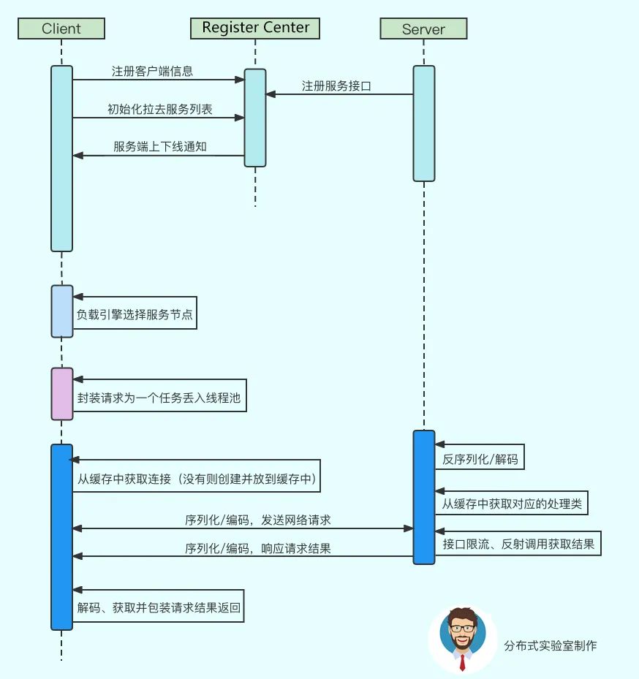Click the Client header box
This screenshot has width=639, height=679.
coord(61,29)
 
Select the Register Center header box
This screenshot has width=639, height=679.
coord(255,28)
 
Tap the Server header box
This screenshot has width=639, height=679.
coord(423,29)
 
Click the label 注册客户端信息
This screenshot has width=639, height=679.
coord(153,72)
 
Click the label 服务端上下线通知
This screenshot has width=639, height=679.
coord(159,146)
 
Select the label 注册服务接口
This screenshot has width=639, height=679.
coord(337,86)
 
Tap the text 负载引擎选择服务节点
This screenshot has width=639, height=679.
coord(135,316)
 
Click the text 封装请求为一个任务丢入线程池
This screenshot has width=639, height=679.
coord(159,399)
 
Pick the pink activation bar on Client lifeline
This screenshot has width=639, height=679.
coord(62,394)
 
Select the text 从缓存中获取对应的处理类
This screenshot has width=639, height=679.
coord(511,504)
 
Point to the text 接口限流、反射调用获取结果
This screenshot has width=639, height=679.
coord(518,544)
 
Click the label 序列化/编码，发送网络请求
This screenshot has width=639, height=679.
coord(257,520)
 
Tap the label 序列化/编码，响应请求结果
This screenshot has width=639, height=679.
coord(257,548)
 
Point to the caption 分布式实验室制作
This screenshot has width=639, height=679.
coord(550,646)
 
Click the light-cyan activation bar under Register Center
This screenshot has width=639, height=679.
coord(255,118)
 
